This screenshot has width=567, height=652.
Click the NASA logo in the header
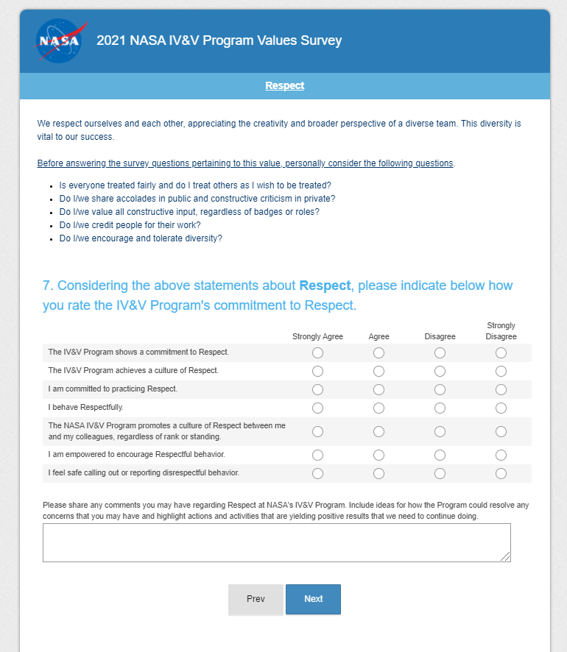58,40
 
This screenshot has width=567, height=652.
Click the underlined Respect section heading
284,85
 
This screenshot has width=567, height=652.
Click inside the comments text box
276,542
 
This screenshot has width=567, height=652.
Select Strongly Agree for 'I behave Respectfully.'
317,408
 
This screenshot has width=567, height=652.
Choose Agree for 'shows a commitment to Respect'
378,352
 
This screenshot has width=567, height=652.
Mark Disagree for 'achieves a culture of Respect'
440,371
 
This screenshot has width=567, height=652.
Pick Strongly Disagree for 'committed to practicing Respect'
501,389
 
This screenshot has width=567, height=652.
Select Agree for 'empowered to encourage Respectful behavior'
378,455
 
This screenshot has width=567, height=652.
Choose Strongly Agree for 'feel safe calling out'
317,473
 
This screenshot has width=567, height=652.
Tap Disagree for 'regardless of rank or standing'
440,431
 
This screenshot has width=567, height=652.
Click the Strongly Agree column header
317,336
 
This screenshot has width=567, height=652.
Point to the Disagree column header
440,336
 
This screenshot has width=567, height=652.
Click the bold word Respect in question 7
325,286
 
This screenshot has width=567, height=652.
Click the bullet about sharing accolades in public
197,199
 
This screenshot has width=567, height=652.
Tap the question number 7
46,286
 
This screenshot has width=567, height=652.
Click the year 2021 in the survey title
111,40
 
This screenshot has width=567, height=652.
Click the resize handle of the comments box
506,557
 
